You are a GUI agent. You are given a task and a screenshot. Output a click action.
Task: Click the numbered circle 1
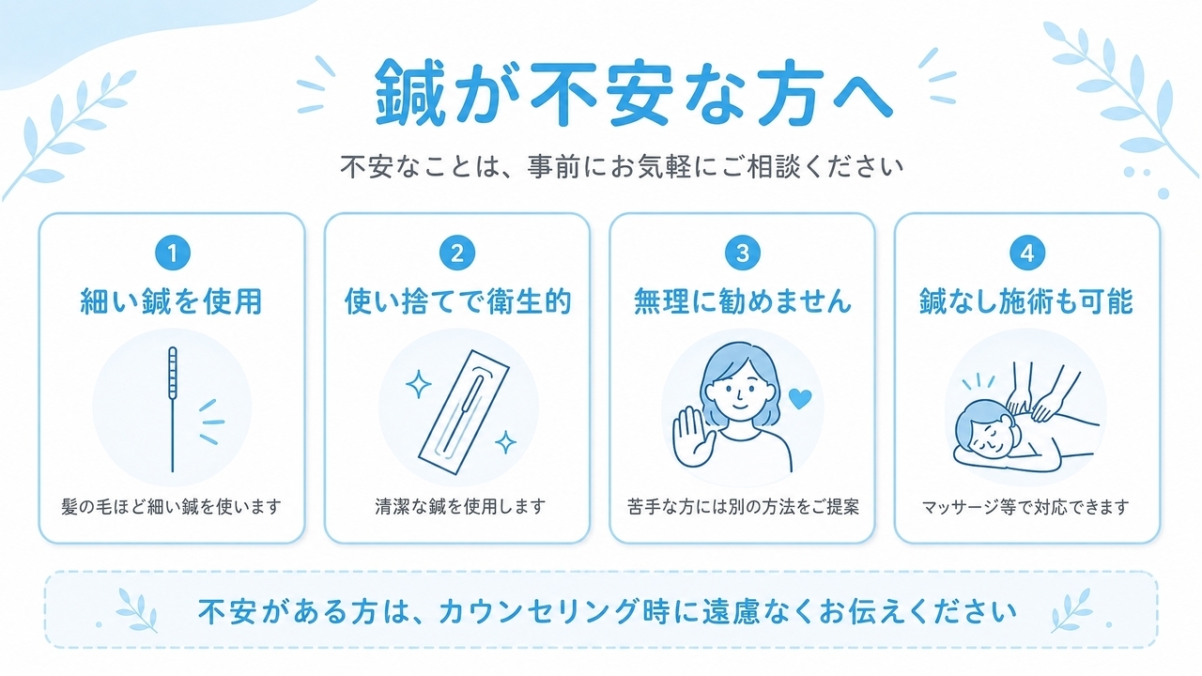pos(173,253)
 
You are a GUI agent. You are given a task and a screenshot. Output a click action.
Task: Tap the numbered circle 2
pos(457,253)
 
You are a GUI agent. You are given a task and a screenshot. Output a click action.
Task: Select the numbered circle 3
pos(743,253)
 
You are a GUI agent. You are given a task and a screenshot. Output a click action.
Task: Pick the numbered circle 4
pos(1027,253)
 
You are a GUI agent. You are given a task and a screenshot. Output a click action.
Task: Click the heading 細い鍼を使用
pos(171,301)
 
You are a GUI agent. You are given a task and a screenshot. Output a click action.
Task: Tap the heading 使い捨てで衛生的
pos(457,301)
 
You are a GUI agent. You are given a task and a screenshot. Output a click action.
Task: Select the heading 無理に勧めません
pos(743,301)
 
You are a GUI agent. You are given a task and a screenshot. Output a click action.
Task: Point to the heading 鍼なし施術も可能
pos(1026,301)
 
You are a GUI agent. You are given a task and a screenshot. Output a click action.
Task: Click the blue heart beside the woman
pos(800,399)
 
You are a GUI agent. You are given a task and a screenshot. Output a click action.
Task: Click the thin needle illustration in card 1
pos(172,408)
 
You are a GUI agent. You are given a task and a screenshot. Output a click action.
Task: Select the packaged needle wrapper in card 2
pos(464,411)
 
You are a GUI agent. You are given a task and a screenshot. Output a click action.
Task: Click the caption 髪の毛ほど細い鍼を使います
pos(171,506)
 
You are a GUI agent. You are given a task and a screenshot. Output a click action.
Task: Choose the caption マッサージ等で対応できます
pos(1026,507)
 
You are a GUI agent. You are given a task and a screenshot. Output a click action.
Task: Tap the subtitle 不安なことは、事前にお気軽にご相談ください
pos(622,167)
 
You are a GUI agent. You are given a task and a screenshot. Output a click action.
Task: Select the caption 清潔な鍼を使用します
pos(460,506)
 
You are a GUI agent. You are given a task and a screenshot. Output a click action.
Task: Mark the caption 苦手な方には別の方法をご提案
pos(743,506)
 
